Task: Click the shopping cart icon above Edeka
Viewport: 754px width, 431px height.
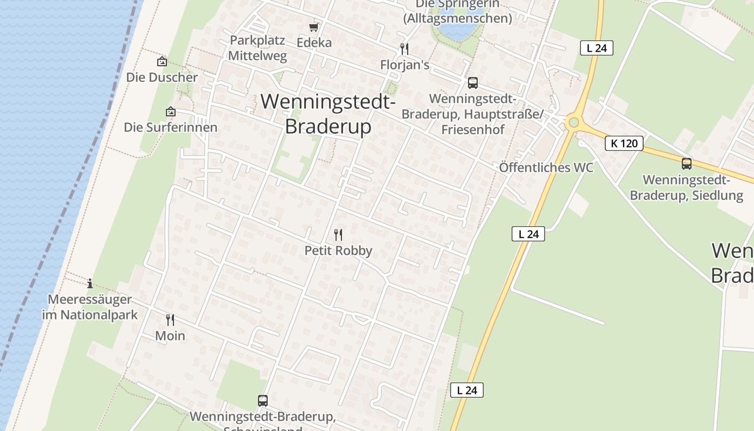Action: (x=314, y=27)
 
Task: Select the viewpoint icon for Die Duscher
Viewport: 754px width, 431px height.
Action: (x=162, y=62)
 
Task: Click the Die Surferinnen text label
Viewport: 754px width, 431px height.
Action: (x=171, y=127)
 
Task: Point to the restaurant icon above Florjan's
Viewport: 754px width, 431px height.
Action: (x=404, y=49)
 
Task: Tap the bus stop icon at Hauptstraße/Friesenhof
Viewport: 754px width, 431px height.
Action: (x=473, y=83)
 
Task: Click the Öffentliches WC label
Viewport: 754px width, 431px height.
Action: (x=546, y=167)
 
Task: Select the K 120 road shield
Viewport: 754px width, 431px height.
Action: (x=624, y=143)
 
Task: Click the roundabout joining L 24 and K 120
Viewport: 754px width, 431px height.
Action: (x=574, y=122)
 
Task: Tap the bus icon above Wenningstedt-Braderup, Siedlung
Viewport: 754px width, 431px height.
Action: (x=687, y=164)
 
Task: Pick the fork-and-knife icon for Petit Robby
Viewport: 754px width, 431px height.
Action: (x=338, y=235)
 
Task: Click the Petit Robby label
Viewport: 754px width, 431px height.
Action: (x=338, y=251)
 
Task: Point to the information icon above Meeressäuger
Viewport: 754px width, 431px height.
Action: (x=90, y=283)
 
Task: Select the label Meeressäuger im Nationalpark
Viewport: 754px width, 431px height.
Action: (x=90, y=307)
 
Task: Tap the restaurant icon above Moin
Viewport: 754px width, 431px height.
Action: (x=170, y=320)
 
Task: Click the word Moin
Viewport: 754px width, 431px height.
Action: (x=170, y=336)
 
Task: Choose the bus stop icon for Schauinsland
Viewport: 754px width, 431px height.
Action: (x=263, y=401)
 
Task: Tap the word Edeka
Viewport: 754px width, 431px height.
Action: (x=314, y=43)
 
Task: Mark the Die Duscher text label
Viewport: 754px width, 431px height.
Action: (x=162, y=77)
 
